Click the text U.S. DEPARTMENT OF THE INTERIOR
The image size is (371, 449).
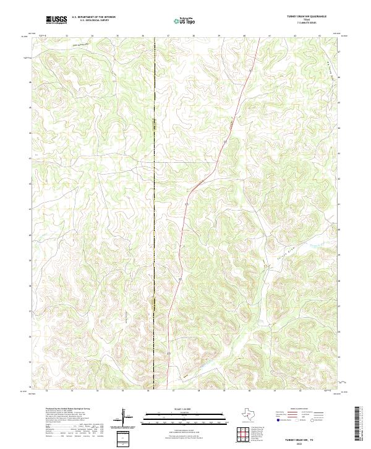pos(93,17)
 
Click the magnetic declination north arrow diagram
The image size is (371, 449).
pos(126,418)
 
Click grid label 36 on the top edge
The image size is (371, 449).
pos(143,36)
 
